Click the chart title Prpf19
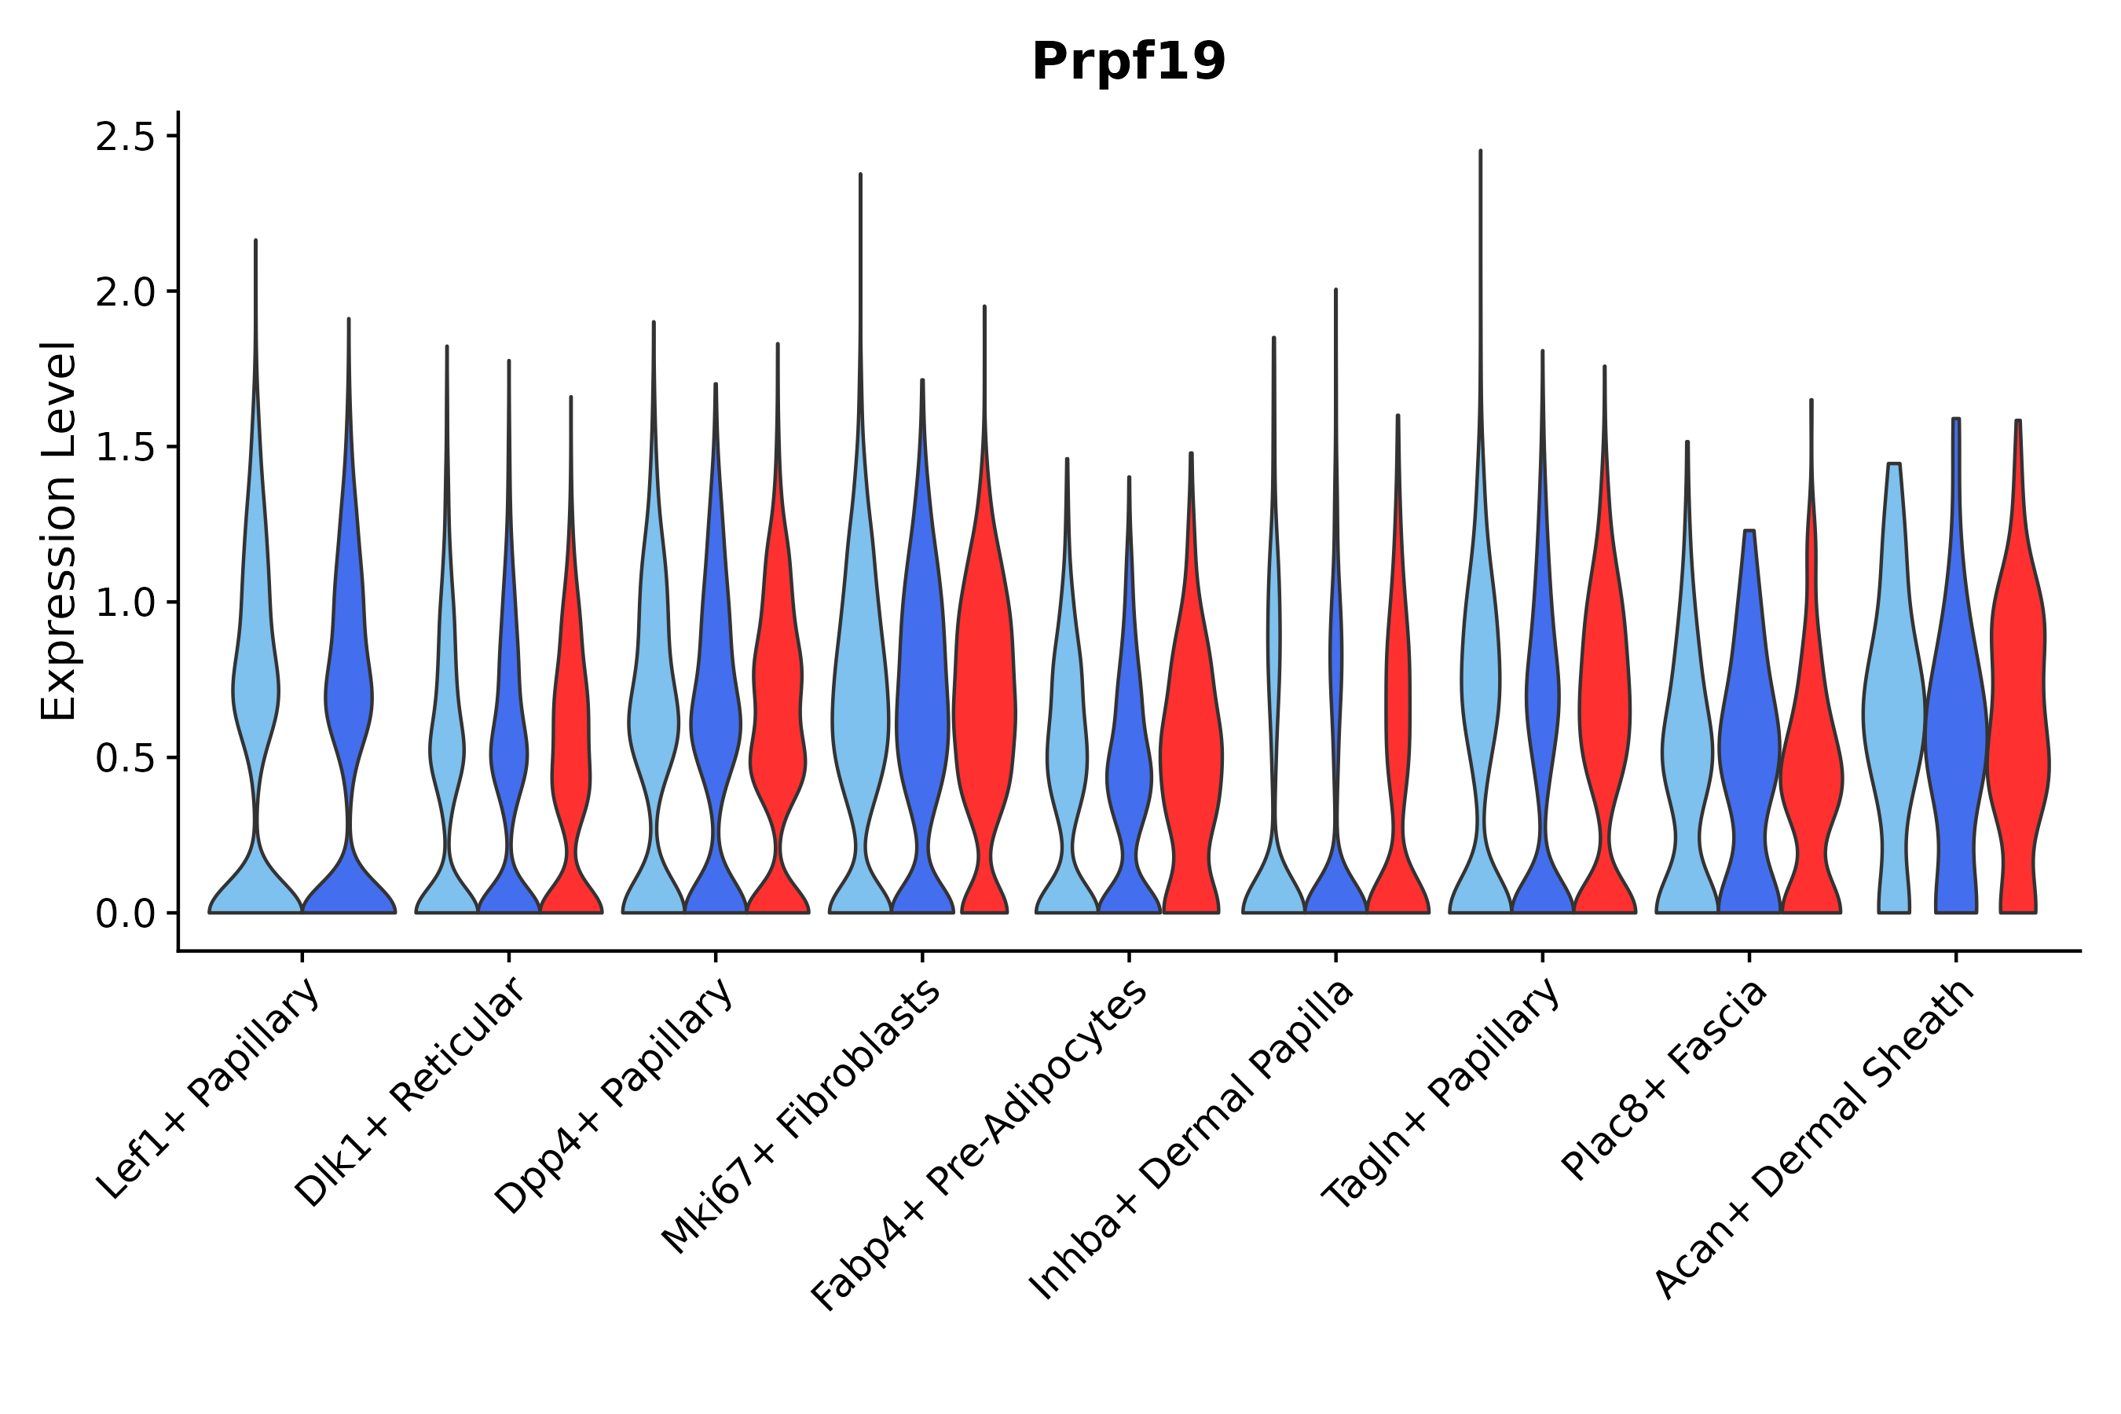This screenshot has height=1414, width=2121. point(1128,62)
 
